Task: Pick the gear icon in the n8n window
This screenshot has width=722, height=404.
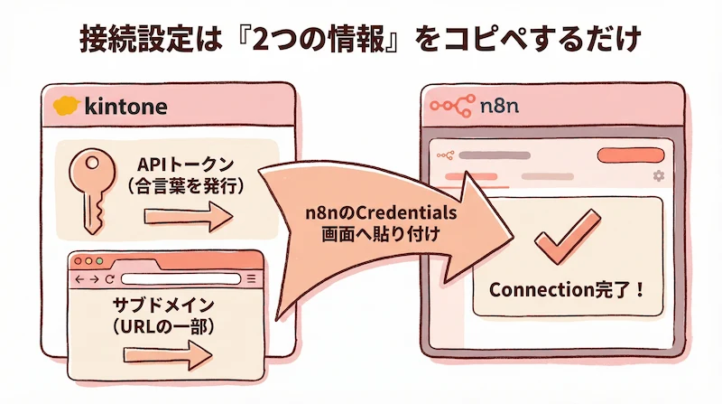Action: coord(658,175)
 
